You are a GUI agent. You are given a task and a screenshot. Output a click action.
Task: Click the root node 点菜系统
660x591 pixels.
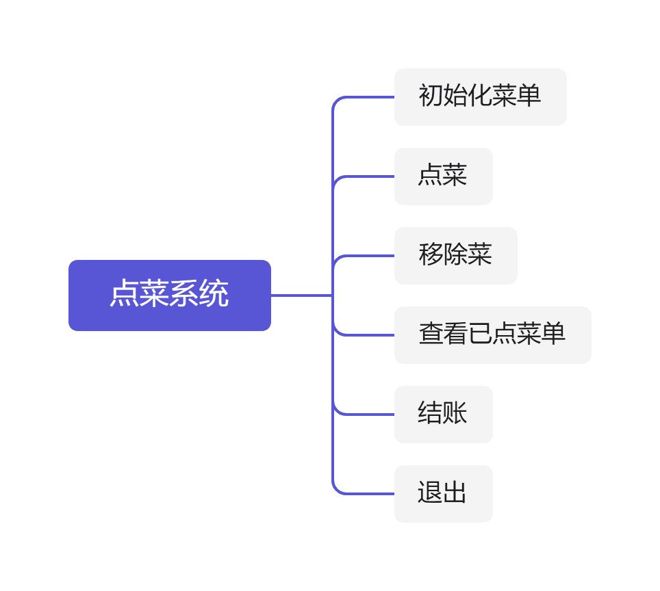[x=169, y=295]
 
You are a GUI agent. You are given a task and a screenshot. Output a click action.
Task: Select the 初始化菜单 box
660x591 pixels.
[x=480, y=96]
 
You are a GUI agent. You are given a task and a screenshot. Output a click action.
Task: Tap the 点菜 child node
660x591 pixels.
[x=443, y=176]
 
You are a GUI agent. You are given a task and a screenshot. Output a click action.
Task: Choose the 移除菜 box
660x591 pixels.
[x=455, y=255]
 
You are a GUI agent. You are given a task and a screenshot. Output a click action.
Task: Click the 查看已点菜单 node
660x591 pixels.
[x=492, y=334]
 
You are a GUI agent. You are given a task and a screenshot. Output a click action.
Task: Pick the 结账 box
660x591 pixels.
[x=443, y=414]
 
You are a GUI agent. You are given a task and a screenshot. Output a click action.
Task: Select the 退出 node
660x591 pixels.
[x=443, y=493]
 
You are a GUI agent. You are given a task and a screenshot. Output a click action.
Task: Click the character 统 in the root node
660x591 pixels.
[x=214, y=295]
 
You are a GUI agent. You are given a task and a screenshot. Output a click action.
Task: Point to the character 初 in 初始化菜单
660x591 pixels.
[x=431, y=96]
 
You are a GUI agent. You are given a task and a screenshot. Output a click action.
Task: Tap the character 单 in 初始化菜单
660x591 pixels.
[x=529, y=96]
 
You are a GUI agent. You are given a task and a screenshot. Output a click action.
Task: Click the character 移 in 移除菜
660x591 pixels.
[x=431, y=254]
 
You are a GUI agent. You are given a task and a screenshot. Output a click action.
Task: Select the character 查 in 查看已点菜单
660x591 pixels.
[x=431, y=334]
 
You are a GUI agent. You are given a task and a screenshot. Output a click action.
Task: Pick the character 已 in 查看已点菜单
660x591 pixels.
[x=480, y=334]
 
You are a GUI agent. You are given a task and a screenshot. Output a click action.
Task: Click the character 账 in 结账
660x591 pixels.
[x=455, y=413]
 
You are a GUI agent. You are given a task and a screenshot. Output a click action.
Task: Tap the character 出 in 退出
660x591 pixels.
[x=455, y=492]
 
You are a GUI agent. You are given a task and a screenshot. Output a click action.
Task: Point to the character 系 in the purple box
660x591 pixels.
[x=184, y=295]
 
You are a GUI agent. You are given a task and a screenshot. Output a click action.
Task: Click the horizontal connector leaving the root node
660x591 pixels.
[x=301, y=295]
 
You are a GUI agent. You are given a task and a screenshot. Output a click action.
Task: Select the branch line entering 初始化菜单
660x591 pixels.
[x=370, y=97]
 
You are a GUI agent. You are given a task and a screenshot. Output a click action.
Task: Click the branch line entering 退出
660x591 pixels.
[x=370, y=493]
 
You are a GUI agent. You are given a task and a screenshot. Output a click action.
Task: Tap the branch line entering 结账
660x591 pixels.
[x=370, y=414]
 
